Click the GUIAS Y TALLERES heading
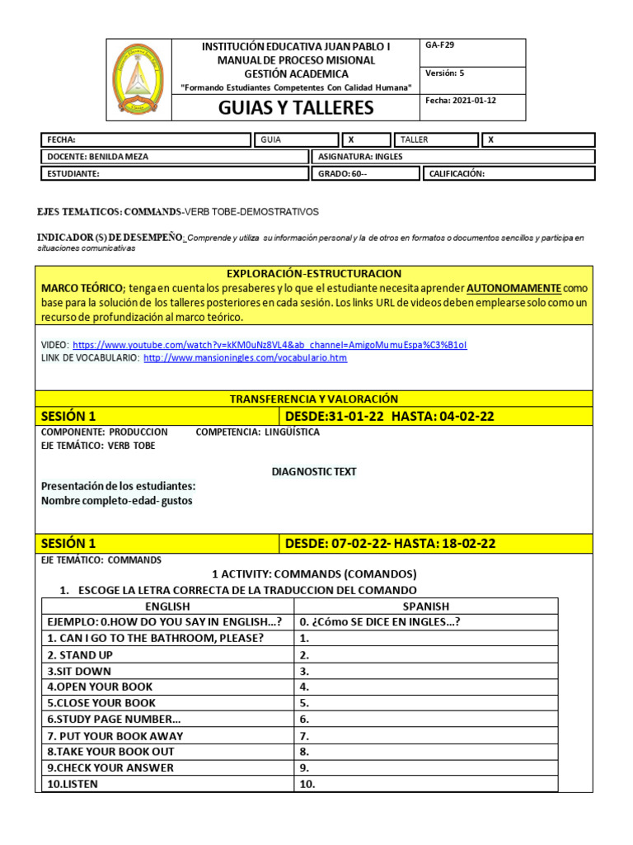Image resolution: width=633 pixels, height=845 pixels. click(x=296, y=107)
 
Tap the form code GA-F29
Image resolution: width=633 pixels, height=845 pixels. click(x=438, y=45)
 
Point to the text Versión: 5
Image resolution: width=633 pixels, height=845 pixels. click(x=445, y=73)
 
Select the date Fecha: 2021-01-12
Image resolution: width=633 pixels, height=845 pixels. click(x=461, y=100)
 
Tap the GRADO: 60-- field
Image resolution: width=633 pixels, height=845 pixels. click(x=342, y=174)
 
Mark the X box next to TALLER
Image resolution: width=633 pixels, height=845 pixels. click(x=491, y=139)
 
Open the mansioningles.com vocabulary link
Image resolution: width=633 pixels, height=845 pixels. click(x=245, y=358)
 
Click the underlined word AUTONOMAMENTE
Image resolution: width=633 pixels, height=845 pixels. click(x=514, y=288)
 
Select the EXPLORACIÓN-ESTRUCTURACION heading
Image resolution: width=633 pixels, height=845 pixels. click(x=313, y=273)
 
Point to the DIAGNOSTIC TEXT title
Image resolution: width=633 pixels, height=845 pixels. click(x=314, y=471)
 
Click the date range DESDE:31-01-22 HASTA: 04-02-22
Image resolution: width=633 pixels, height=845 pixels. click(x=389, y=416)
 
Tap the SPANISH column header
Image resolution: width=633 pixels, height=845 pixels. click(x=425, y=606)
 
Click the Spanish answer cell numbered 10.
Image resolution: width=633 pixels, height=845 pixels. click(x=425, y=784)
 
